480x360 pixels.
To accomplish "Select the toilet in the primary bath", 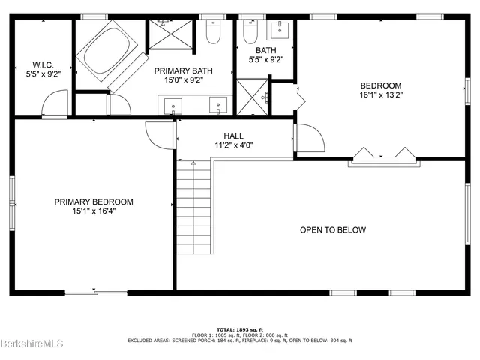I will point(213,33).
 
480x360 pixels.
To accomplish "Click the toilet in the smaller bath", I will point(251,33).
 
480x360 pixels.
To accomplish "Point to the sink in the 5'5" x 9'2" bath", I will point(283,31).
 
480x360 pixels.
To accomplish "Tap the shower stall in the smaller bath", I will point(253,95).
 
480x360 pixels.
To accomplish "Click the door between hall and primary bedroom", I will point(159,135).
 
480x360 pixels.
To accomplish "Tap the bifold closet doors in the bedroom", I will point(382,155).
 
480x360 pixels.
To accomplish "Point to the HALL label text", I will point(233,136).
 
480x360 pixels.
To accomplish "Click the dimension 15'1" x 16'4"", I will point(94,211).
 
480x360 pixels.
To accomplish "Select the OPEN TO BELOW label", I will point(333,229).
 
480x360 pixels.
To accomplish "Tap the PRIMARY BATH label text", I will point(184,70).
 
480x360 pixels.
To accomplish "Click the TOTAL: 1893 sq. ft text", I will point(241,329).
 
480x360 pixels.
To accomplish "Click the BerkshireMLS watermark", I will point(32,345).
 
